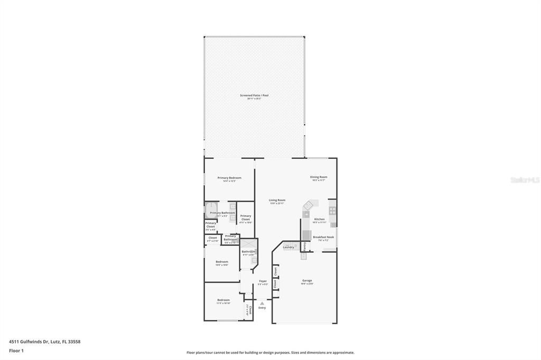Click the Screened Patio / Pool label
254,96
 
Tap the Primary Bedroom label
229,178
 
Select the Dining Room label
319,177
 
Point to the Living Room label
277,200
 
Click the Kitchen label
319,219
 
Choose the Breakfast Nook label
323,238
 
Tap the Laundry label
288,247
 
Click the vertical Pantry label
305,247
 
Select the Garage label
307,281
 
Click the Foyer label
263,281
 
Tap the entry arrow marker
262,303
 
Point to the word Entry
262,308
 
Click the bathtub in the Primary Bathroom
211,210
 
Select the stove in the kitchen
332,210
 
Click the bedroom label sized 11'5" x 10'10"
223,300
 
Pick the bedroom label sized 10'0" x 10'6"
222,262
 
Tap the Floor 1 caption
16,350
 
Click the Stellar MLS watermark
525,180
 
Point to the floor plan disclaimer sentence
270,353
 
